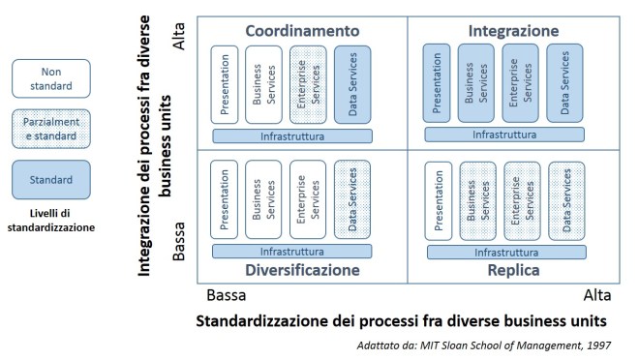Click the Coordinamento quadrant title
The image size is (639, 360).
coord(301,31)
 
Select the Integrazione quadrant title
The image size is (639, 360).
coord(513,31)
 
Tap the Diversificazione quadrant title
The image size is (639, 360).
coord(301,270)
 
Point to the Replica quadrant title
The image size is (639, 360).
coord(513,270)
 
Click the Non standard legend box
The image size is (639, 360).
coord(51,78)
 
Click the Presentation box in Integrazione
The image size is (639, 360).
coord(438,83)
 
